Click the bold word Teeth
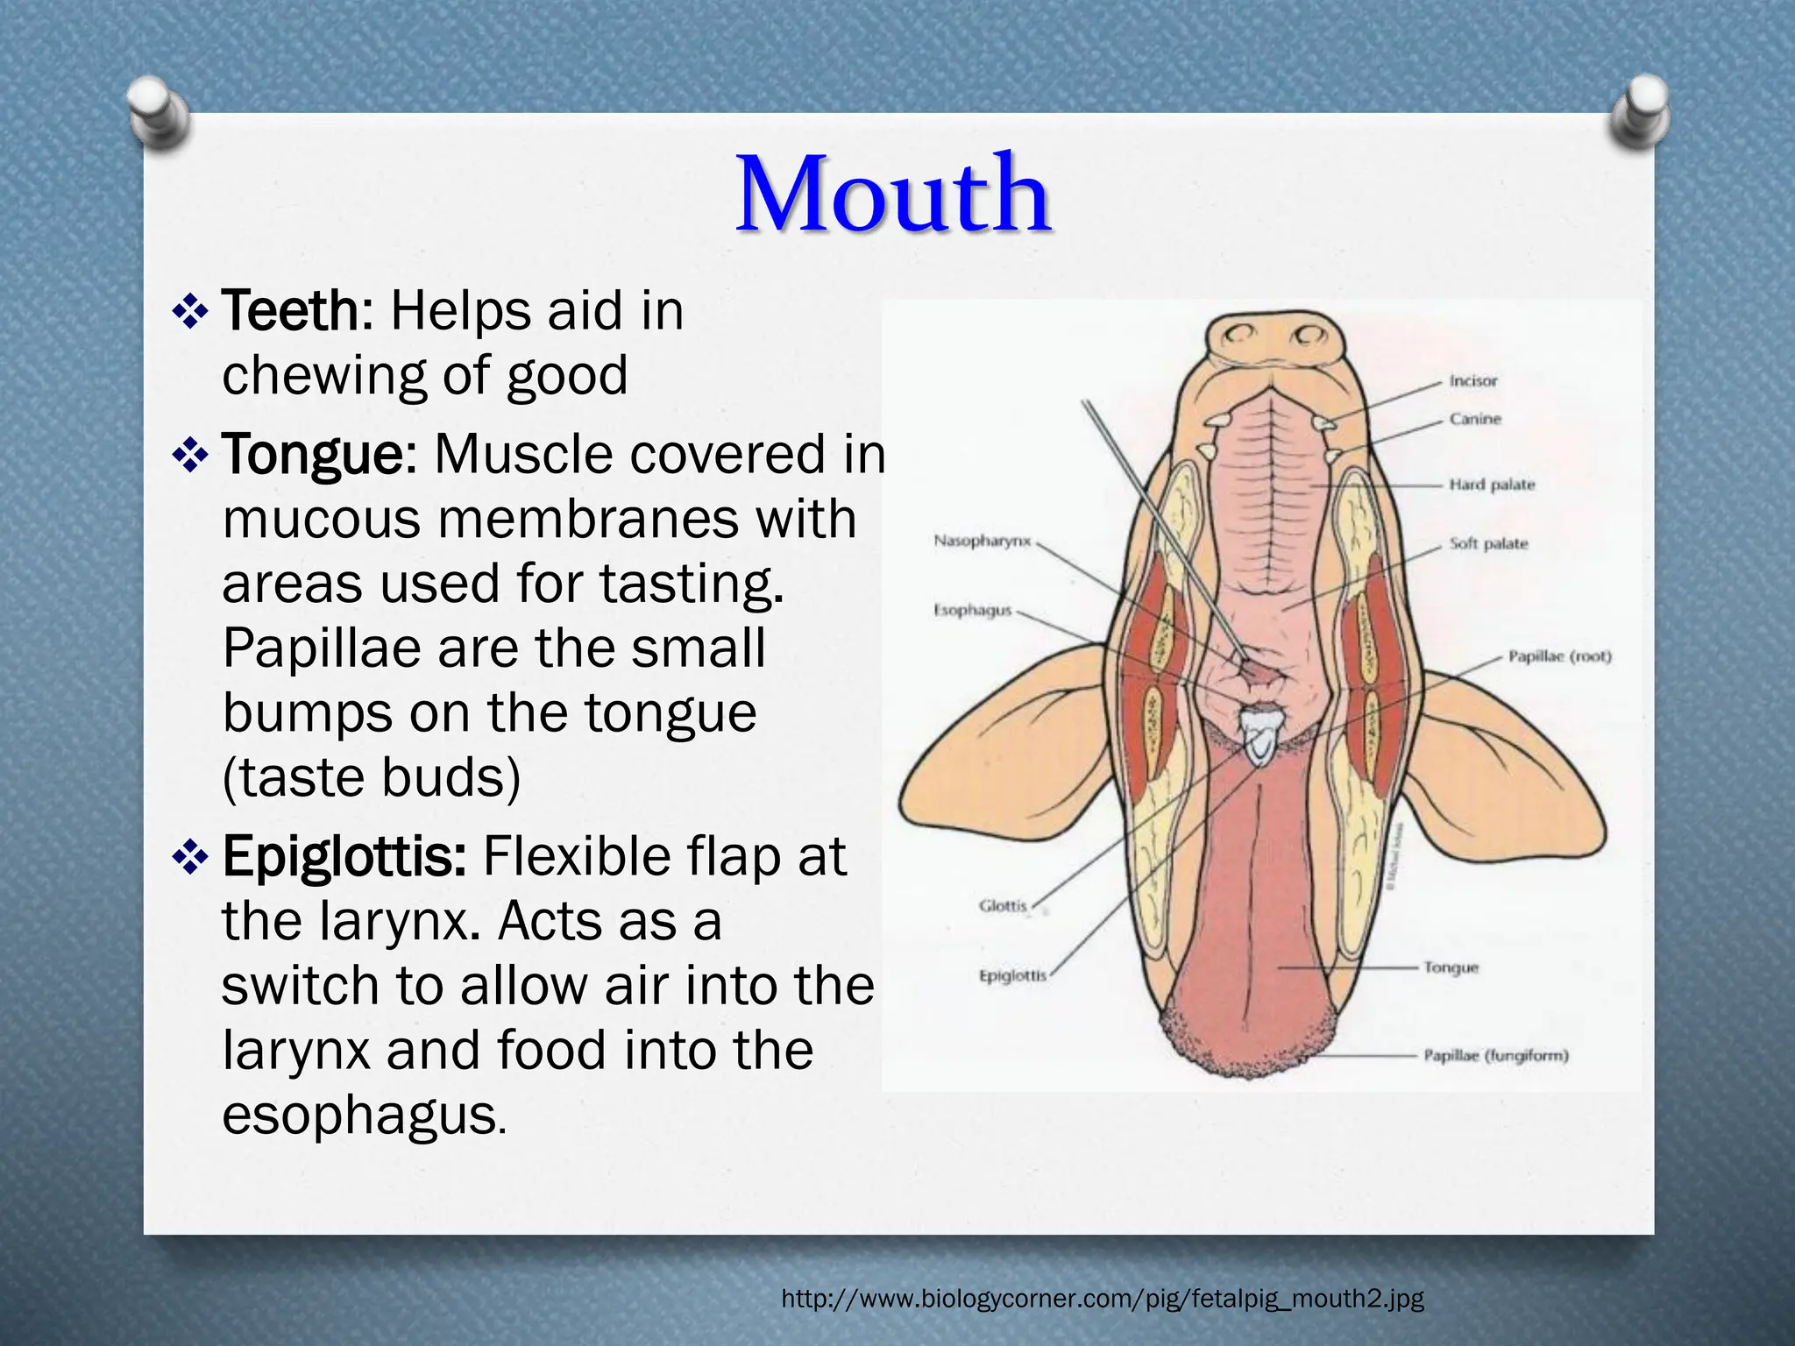pos(290,311)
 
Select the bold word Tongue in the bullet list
pos(311,455)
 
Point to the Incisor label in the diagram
pos(1473,381)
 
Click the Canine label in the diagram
pos(1475,419)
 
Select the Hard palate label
pos(1492,485)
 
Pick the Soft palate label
pos(1488,543)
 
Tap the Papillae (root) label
pos(1559,656)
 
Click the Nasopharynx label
pos(982,541)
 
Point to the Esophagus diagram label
pos(972,610)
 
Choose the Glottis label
pos(1003,905)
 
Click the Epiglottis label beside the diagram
pos(1012,974)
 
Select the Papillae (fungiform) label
pos(1495,1056)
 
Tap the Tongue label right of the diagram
pos(1451,967)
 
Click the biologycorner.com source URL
pos(1102,1298)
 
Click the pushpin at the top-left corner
pos(158,112)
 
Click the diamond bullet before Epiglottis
pos(190,858)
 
